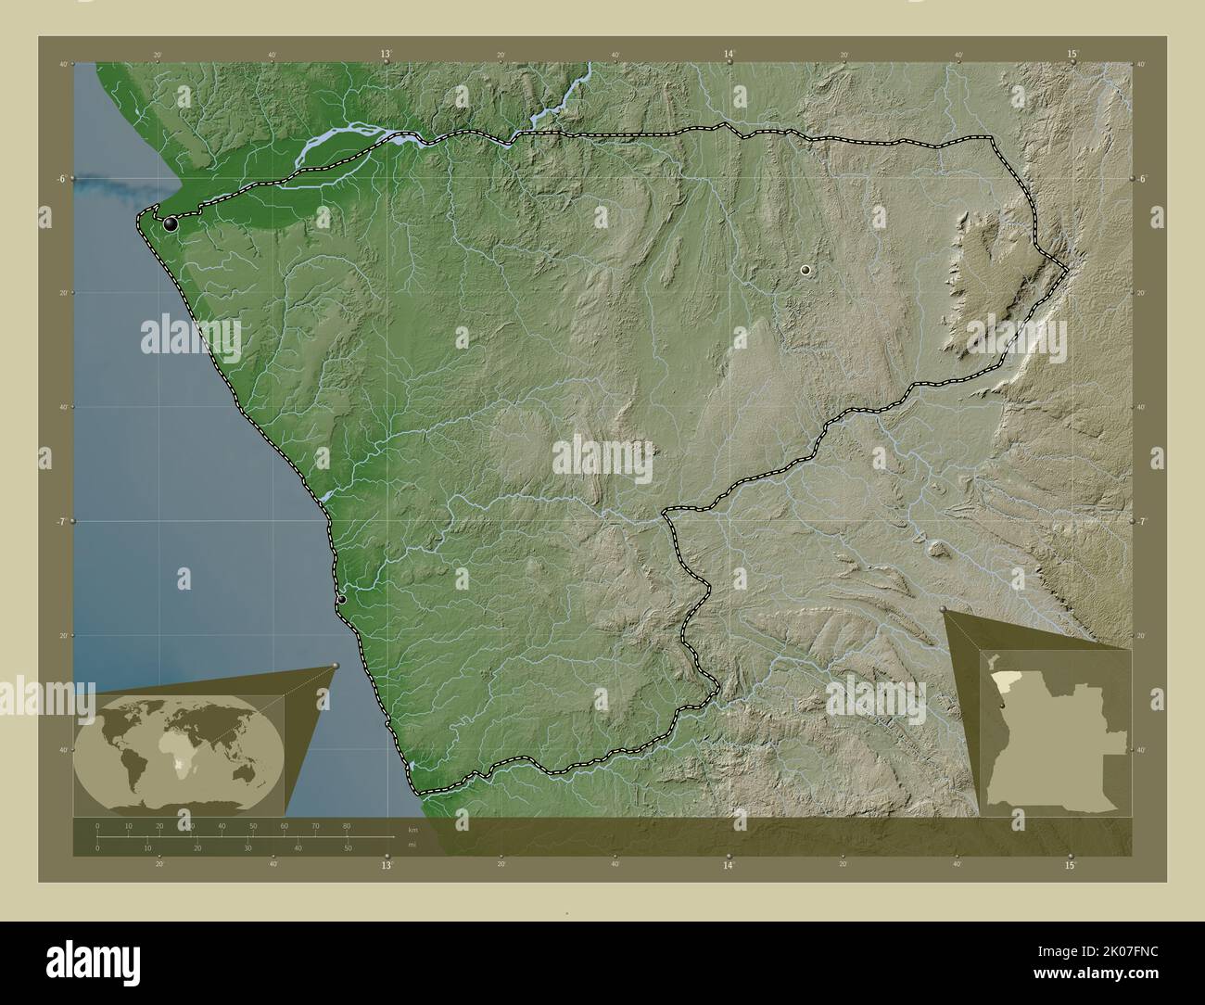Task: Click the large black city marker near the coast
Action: click(x=170, y=223)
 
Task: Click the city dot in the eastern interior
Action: click(x=805, y=269)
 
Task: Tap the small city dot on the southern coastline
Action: click(x=341, y=599)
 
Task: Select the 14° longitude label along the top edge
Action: click(x=729, y=55)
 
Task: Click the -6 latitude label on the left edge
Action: click(x=61, y=178)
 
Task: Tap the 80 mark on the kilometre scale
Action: click(x=347, y=825)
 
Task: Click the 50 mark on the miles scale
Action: click(x=348, y=847)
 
